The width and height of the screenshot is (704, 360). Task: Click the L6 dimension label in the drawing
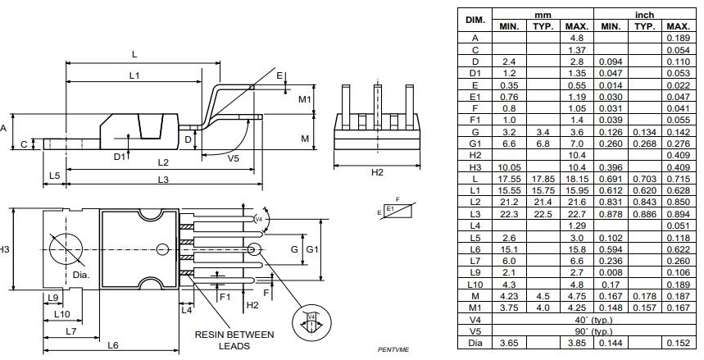pos(114,345)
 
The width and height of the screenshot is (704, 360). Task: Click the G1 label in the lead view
pos(311,248)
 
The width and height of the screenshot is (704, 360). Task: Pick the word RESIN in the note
pos(216,335)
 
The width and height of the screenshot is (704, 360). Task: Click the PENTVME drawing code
pos(393,350)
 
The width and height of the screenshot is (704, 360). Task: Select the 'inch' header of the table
pos(643,14)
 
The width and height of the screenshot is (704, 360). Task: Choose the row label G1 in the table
pos(475,144)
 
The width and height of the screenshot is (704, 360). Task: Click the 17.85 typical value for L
pos(543,179)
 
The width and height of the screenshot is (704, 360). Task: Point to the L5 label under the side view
pos(55,175)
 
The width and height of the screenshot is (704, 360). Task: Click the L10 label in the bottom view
pos(61,314)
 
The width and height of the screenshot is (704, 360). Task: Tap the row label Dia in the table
pos(475,344)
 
